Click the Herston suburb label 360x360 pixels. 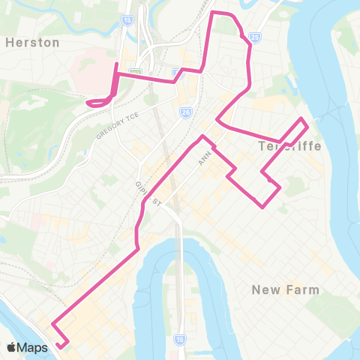click(x=32, y=43)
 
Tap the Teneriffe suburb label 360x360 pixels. click(x=289, y=145)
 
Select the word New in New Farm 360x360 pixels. click(x=267, y=289)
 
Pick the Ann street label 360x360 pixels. click(x=202, y=157)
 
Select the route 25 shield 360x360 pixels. click(x=255, y=36)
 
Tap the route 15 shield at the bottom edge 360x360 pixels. click(x=178, y=339)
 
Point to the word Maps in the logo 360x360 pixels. click(x=33, y=347)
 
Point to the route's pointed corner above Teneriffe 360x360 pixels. click(x=302, y=119)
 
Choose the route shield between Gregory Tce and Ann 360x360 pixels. click(x=184, y=112)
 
